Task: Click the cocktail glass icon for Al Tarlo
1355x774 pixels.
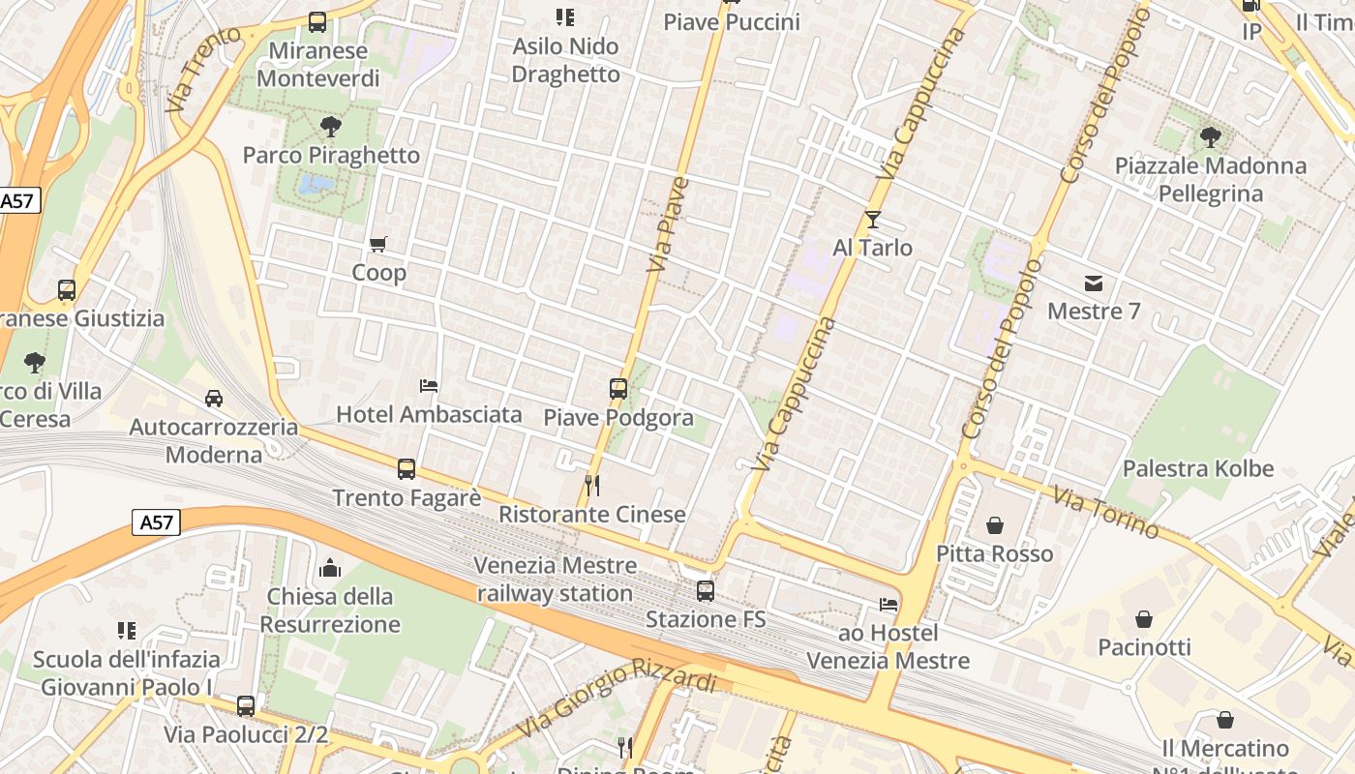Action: click(x=873, y=220)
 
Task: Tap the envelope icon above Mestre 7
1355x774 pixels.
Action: click(x=1094, y=283)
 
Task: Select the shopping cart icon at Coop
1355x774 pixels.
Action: click(x=378, y=245)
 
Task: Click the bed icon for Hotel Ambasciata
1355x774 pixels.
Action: click(x=429, y=386)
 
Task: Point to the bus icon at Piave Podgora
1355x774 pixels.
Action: click(x=618, y=389)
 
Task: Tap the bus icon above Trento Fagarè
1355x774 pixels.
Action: click(x=406, y=469)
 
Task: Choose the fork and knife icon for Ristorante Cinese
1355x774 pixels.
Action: click(x=592, y=486)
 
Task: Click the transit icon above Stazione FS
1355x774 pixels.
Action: click(x=706, y=590)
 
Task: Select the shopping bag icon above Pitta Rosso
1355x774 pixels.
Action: click(x=994, y=525)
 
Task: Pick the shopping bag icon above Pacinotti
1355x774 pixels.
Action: click(x=1144, y=619)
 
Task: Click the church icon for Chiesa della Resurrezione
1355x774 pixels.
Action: click(x=330, y=568)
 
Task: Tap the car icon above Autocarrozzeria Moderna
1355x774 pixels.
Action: click(x=214, y=399)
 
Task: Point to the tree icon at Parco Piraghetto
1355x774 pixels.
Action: click(x=331, y=126)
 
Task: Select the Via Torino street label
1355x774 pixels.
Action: click(x=1105, y=513)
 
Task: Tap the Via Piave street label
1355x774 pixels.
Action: click(x=669, y=223)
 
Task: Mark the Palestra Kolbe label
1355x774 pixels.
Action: click(x=1197, y=469)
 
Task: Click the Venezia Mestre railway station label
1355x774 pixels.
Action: click(x=556, y=579)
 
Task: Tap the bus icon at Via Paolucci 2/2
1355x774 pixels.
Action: click(x=246, y=706)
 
